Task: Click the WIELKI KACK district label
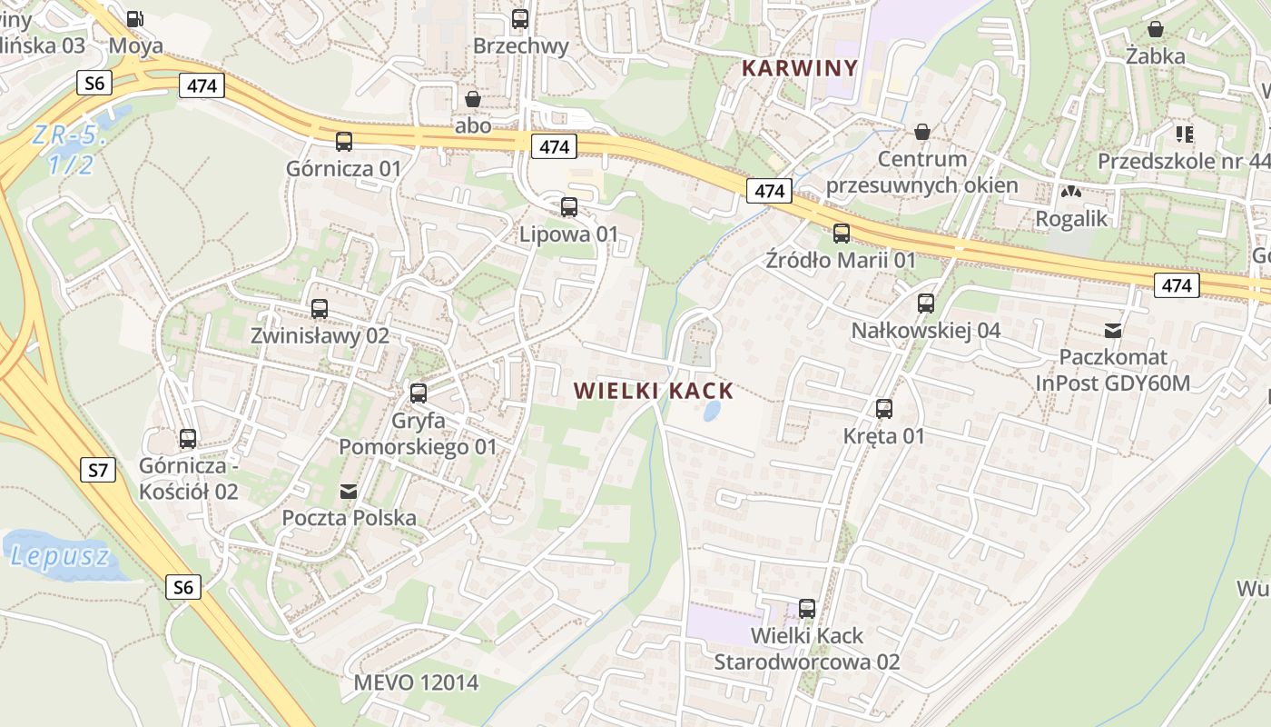pyautogui.click(x=654, y=391)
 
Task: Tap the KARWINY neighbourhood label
pyautogui.click(x=800, y=67)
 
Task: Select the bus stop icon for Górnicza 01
pyautogui.click(x=344, y=141)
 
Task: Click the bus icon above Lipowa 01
pyautogui.click(x=569, y=206)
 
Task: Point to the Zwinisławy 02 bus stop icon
pyautogui.click(x=320, y=308)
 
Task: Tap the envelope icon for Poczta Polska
pyautogui.click(x=349, y=492)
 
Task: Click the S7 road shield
pyautogui.click(x=98, y=470)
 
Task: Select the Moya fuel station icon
pyautogui.click(x=135, y=18)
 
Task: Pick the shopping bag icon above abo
pyautogui.click(x=473, y=98)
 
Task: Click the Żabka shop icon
pyautogui.click(x=1156, y=29)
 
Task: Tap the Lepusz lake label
pyautogui.click(x=60, y=555)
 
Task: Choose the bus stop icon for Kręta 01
pyautogui.click(x=884, y=409)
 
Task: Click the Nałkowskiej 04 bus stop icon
pyautogui.click(x=926, y=304)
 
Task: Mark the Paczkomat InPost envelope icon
pyautogui.click(x=1113, y=330)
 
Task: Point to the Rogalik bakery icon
pyautogui.click(x=1072, y=192)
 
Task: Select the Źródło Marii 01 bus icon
pyautogui.click(x=842, y=233)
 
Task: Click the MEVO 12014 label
pyautogui.click(x=416, y=682)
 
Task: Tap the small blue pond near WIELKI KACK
pyautogui.click(x=713, y=412)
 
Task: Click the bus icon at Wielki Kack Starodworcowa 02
pyautogui.click(x=807, y=608)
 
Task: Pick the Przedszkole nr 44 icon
pyautogui.click(x=1185, y=134)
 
